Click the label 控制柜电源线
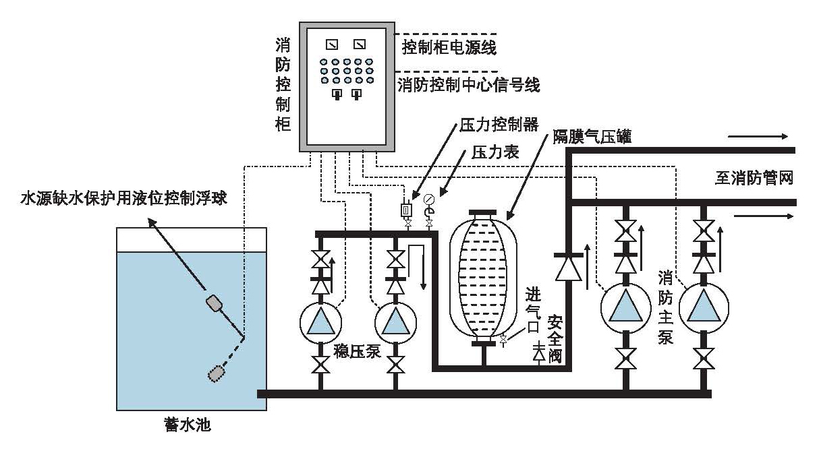pyautogui.click(x=449, y=47)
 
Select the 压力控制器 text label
pyautogui.click(x=499, y=125)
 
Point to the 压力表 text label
pyautogui.click(x=495, y=153)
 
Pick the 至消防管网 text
pyautogui.click(x=753, y=178)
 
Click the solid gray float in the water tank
pyautogui.click(x=217, y=304)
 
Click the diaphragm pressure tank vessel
pyautogui.click(x=483, y=276)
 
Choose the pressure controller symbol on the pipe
pyautogui.click(x=406, y=210)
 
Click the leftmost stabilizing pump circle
pyautogui.click(x=320, y=322)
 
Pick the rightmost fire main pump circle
pyautogui.click(x=704, y=307)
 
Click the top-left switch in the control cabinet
pyautogui.click(x=331, y=45)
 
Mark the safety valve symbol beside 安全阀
pyautogui.click(x=538, y=353)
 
